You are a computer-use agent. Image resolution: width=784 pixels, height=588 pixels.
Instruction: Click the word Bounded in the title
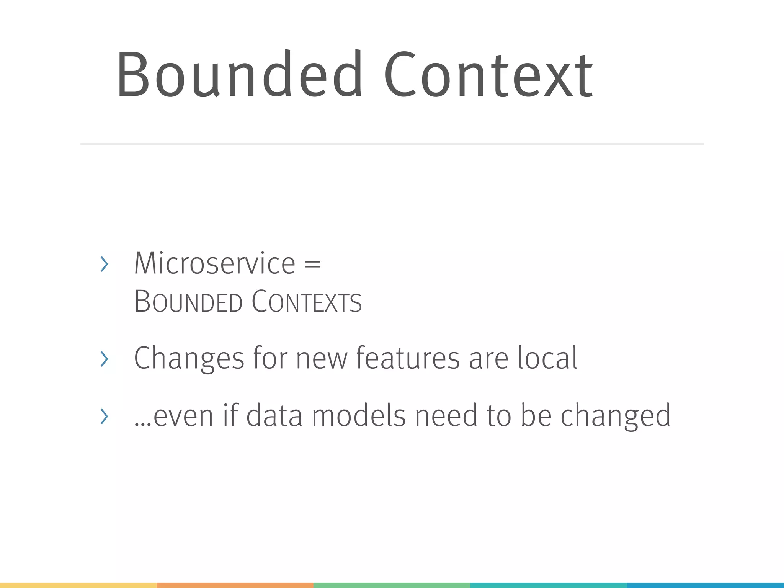(239, 75)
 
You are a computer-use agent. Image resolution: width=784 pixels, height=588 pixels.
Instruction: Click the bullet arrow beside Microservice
(104, 264)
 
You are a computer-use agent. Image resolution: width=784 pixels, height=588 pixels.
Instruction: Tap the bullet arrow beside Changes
(104, 359)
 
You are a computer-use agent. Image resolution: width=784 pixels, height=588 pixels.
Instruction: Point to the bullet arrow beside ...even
(104, 416)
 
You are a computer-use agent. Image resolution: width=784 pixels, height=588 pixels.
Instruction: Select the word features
(408, 358)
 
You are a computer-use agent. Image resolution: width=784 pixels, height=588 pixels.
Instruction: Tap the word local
(547, 358)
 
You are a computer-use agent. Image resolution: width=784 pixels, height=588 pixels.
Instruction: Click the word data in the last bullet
(274, 416)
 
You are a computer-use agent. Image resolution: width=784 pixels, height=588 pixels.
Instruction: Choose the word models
(359, 416)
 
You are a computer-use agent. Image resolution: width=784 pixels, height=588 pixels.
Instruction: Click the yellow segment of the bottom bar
(78, 585)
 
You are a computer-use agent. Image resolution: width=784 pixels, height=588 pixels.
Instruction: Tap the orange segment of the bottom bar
(235, 585)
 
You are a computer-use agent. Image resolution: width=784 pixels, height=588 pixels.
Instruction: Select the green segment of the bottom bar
(392, 585)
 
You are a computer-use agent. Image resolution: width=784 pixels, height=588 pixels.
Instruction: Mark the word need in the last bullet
(446, 416)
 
